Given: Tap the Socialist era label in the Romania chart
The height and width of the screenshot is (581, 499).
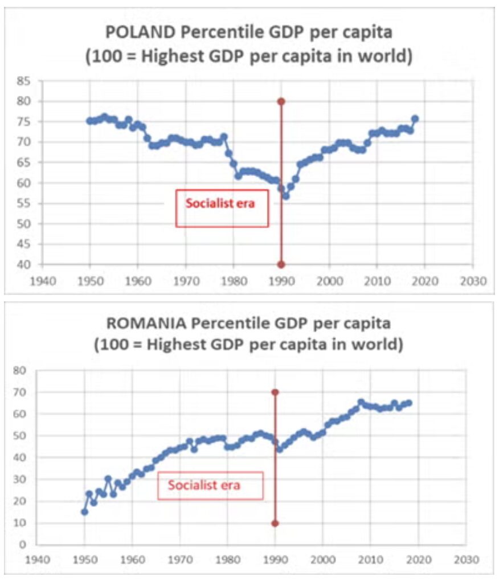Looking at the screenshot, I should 204,486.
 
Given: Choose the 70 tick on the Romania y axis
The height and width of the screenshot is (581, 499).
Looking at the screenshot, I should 22,392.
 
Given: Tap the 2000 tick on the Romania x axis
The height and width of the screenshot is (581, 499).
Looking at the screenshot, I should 323,558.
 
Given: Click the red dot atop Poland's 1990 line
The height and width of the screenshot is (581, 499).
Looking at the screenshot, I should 281,101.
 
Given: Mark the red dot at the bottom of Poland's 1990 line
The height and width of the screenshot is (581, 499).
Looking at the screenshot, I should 281,264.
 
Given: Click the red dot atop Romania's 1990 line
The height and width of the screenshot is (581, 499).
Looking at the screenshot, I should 275,392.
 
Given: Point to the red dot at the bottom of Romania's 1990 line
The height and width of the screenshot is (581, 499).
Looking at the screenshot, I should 275,523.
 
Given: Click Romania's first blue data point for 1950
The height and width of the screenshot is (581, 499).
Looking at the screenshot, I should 84,512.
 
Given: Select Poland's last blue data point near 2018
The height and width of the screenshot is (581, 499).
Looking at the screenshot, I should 415,119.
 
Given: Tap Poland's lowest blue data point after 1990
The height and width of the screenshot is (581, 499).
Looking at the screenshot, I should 285,197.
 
